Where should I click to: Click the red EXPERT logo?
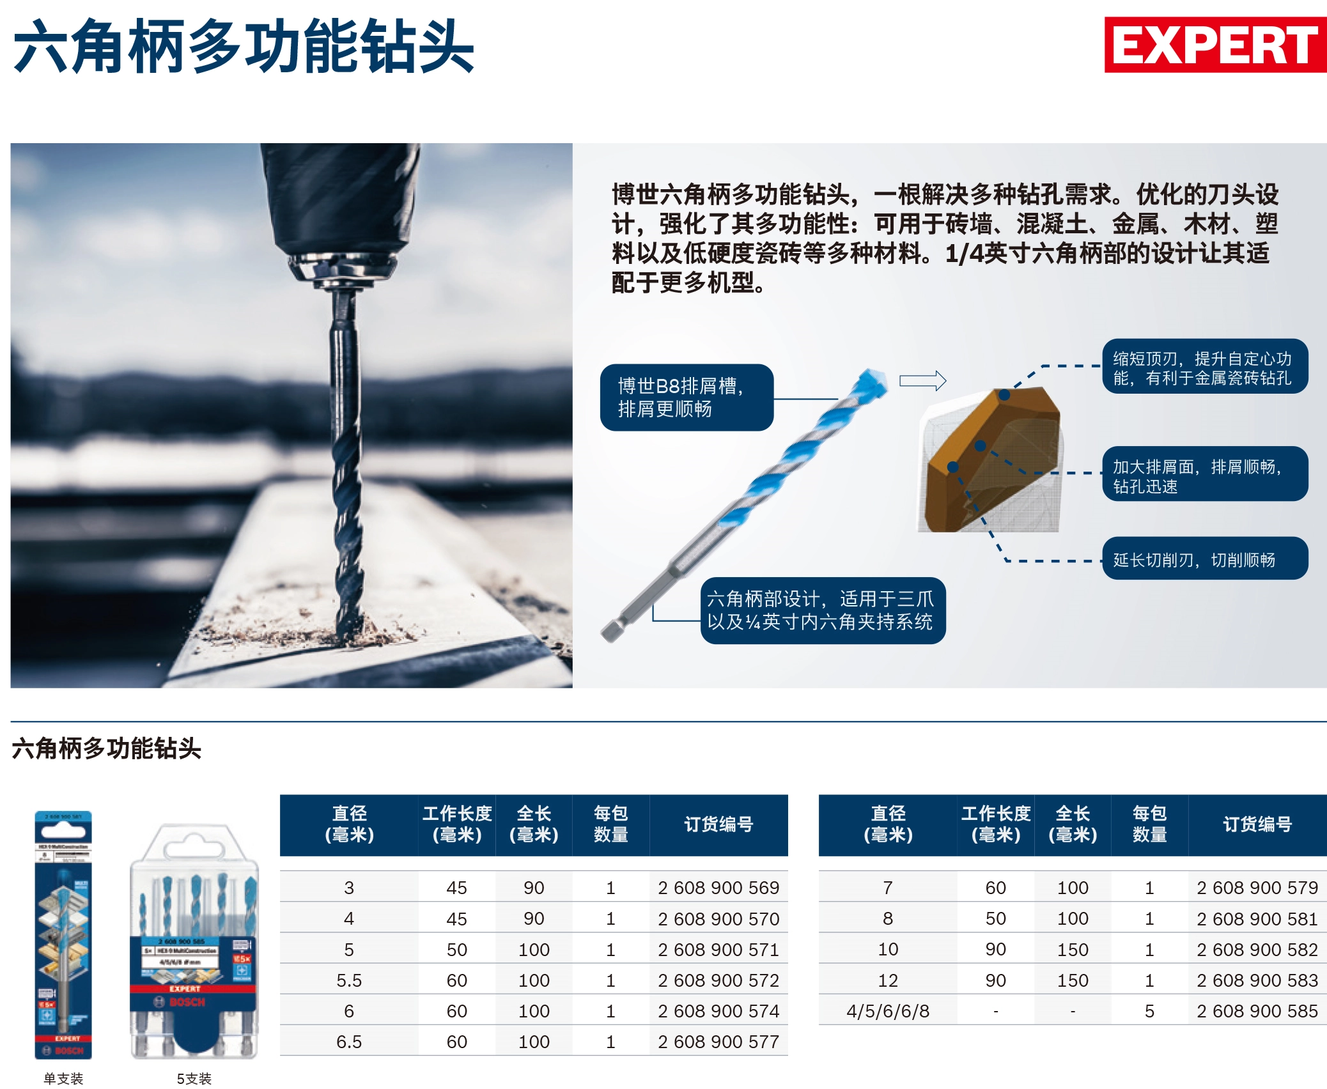(x=1214, y=45)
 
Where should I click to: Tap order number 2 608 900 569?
(x=718, y=888)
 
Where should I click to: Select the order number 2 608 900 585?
(x=1257, y=1011)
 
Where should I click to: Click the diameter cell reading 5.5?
(x=349, y=980)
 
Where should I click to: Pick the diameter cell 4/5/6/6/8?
(x=888, y=1011)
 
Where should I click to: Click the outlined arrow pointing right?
(x=922, y=381)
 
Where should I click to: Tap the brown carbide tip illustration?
(x=993, y=460)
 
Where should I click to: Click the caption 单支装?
(x=63, y=1079)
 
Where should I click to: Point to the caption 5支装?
(x=194, y=1079)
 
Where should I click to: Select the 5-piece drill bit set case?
(x=194, y=943)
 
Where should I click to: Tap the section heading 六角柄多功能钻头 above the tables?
(x=107, y=748)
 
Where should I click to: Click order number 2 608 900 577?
(x=718, y=1042)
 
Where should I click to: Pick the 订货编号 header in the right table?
(x=1257, y=824)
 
